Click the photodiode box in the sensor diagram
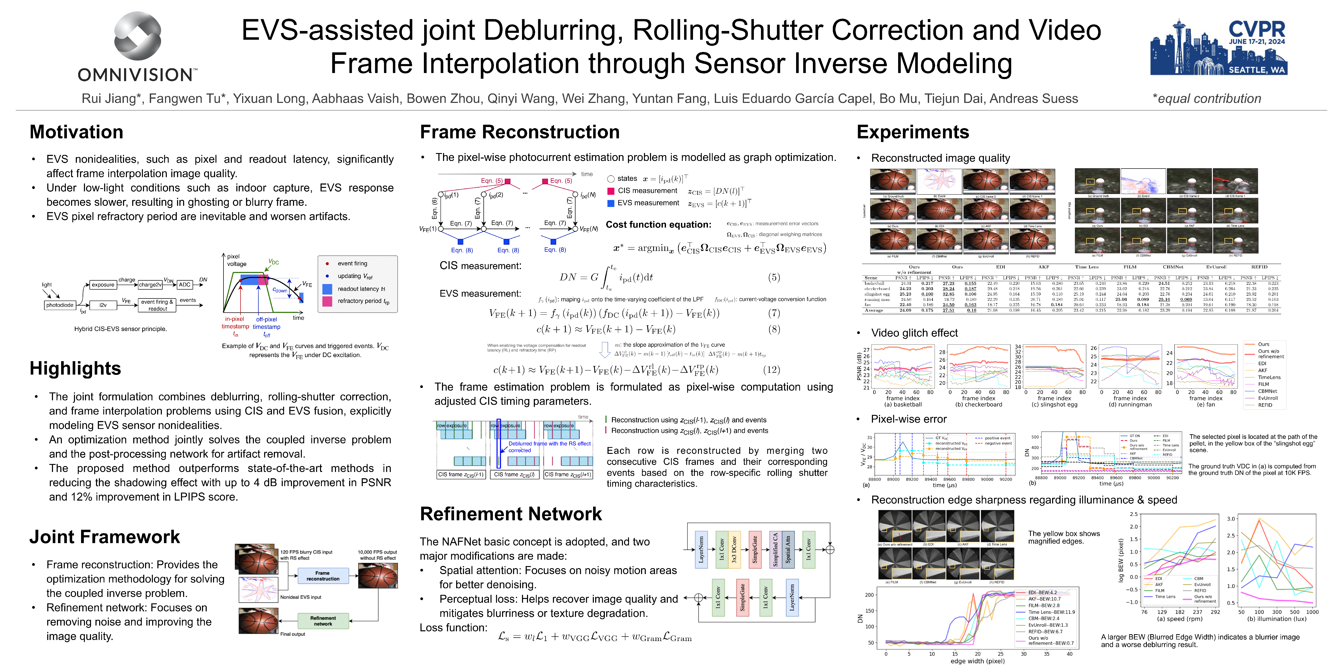pyautogui.click(x=60, y=305)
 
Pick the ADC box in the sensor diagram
pyautogui.click(x=185, y=285)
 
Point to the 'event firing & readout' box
pyautogui.click(x=157, y=305)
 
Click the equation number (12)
pyautogui.click(x=772, y=370)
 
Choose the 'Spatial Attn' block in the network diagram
pyautogui.click(x=788, y=549)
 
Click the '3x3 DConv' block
pyautogui.click(x=734, y=549)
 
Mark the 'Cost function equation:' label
pyautogui.click(x=658, y=225)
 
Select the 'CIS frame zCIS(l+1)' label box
pyautogui.click(x=568, y=475)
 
